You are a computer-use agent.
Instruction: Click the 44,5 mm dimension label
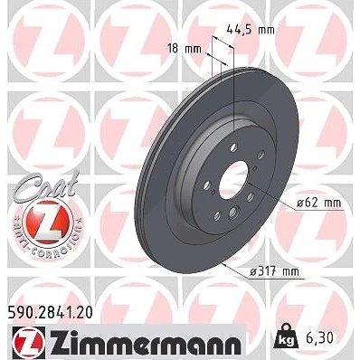[251, 30]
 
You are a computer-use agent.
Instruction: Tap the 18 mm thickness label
[185, 49]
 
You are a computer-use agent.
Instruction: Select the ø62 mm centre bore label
[319, 203]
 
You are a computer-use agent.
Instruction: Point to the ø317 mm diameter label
[274, 272]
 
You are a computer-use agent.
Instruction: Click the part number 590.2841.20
[50, 313]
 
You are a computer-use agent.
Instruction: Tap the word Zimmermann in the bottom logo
[147, 342]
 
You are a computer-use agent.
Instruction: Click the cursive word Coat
[45, 185]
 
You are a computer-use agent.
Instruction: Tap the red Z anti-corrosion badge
[47, 221]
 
